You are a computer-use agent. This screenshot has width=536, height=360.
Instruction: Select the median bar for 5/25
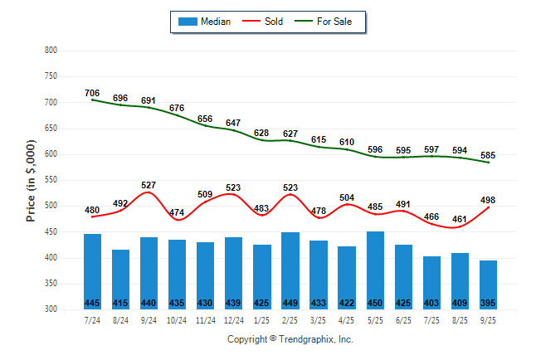375,269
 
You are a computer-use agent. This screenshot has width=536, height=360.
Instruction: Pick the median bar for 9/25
488,284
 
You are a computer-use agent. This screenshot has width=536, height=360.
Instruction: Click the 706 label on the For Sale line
92,93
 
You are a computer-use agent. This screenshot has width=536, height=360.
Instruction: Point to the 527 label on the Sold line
149,185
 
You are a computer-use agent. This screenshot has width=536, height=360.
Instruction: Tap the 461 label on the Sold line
460,219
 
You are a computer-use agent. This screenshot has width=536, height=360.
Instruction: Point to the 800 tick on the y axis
51,51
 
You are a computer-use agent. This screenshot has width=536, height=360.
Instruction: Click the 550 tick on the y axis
51,180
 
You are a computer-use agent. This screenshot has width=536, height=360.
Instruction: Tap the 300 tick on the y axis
51,309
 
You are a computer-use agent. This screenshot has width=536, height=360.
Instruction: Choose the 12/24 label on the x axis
233,320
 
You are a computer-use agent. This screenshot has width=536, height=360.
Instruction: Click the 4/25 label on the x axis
347,320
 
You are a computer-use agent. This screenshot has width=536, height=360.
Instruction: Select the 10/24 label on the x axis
177,320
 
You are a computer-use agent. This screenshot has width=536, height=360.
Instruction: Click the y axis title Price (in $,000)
31,180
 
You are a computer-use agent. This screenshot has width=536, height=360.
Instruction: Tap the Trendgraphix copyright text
290,339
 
